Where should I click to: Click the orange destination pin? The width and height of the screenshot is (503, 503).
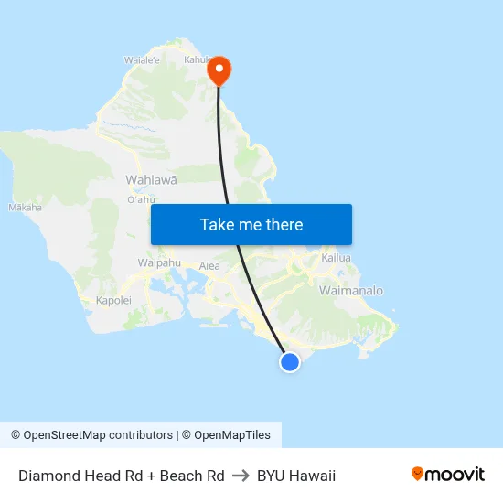pyautogui.click(x=219, y=70)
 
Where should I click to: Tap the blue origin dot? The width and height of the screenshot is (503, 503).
pyautogui.click(x=290, y=362)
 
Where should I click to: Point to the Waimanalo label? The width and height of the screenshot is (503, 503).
pyautogui.click(x=350, y=291)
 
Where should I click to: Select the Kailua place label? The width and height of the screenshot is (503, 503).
pyautogui.click(x=337, y=259)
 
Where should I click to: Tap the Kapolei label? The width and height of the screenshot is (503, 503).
pyautogui.click(x=113, y=300)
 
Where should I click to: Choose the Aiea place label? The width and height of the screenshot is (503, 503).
pyautogui.click(x=209, y=266)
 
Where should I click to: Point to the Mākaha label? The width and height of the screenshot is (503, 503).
pyautogui.click(x=25, y=208)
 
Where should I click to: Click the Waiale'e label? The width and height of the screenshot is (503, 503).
pyautogui.click(x=142, y=60)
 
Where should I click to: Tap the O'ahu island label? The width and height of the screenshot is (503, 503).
pyautogui.click(x=141, y=199)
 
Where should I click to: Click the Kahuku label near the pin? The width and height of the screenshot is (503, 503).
pyautogui.click(x=198, y=60)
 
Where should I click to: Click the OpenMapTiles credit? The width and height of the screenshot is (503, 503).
pyautogui.click(x=231, y=435)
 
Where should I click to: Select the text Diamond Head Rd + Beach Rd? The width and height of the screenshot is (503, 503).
pyautogui.click(x=121, y=476)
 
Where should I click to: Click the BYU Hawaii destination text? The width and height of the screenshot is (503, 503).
pyautogui.click(x=296, y=476)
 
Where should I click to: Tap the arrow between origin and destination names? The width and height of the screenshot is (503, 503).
pyautogui.click(x=241, y=476)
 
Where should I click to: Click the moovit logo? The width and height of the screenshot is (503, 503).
pyautogui.click(x=448, y=475)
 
